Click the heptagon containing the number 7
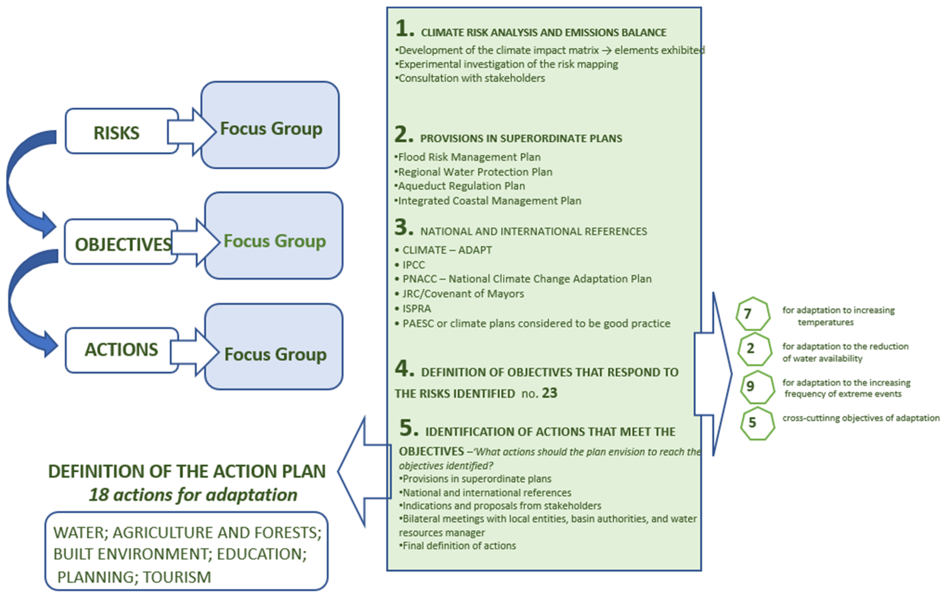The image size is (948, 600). point(752,314)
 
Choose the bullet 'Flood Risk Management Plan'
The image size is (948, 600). point(468,157)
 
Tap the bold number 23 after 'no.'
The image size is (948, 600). point(550,393)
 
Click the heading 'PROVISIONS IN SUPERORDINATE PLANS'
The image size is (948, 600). point(521,138)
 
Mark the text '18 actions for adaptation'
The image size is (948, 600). point(193,494)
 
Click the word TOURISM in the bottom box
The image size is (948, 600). point(177,577)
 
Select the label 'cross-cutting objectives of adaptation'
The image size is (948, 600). point(861,418)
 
